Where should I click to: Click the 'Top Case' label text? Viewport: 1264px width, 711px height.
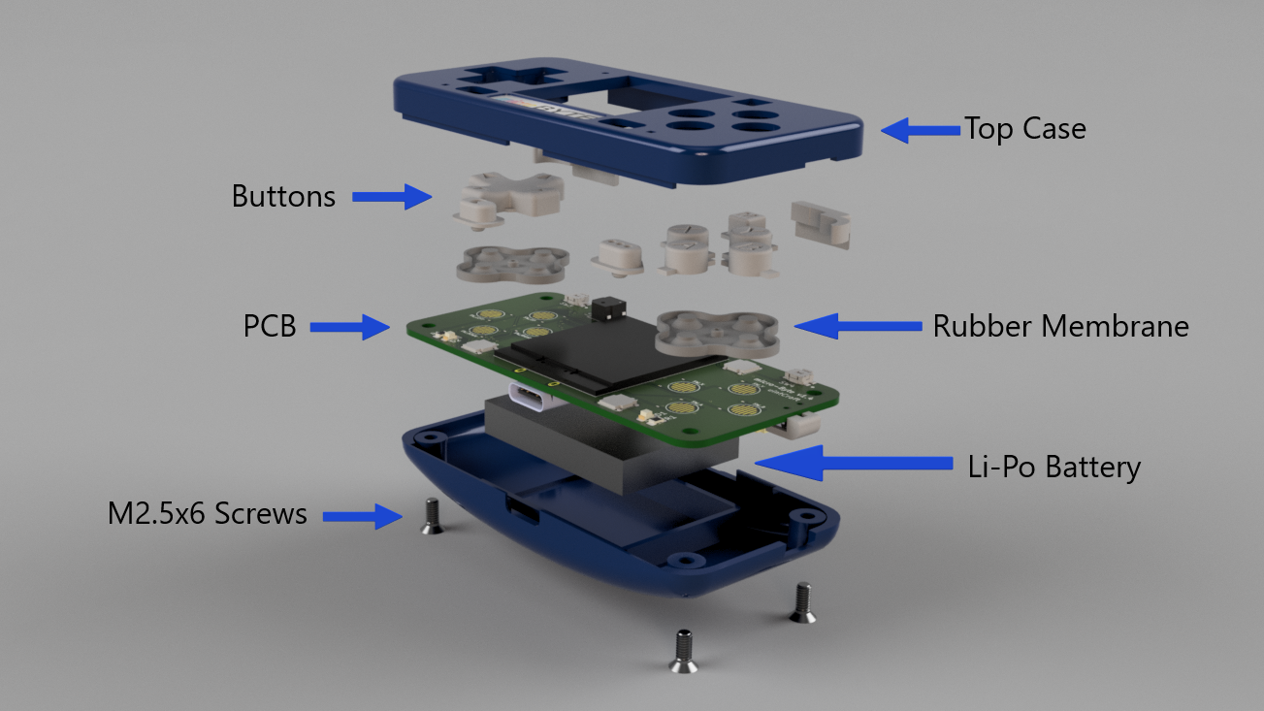(1024, 129)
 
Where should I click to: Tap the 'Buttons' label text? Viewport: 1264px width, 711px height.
(283, 196)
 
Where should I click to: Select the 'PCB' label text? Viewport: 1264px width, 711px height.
(269, 326)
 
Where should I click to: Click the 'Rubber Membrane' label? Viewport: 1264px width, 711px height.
(1061, 326)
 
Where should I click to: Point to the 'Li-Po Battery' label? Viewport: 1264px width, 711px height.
(1054, 468)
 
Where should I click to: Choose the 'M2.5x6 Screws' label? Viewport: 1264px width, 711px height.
(207, 513)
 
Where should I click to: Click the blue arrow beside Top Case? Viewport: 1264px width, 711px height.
(921, 130)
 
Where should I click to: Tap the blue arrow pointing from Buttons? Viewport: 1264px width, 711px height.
(392, 197)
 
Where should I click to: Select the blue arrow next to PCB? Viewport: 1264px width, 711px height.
(350, 327)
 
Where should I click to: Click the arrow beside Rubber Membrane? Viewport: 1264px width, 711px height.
(858, 326)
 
